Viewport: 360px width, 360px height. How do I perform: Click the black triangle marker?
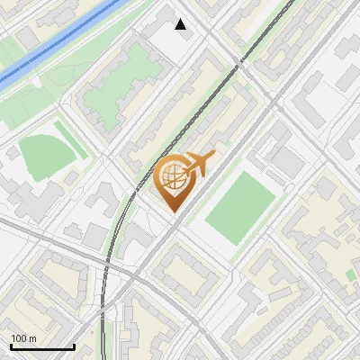(181, 24)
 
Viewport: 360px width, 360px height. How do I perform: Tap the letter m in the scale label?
(32, 338)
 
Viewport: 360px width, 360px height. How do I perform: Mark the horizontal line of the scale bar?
(42, 346)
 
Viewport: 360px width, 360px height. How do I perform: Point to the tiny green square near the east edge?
(350, 274)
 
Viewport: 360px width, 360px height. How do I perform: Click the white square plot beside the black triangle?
(171, 40)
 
